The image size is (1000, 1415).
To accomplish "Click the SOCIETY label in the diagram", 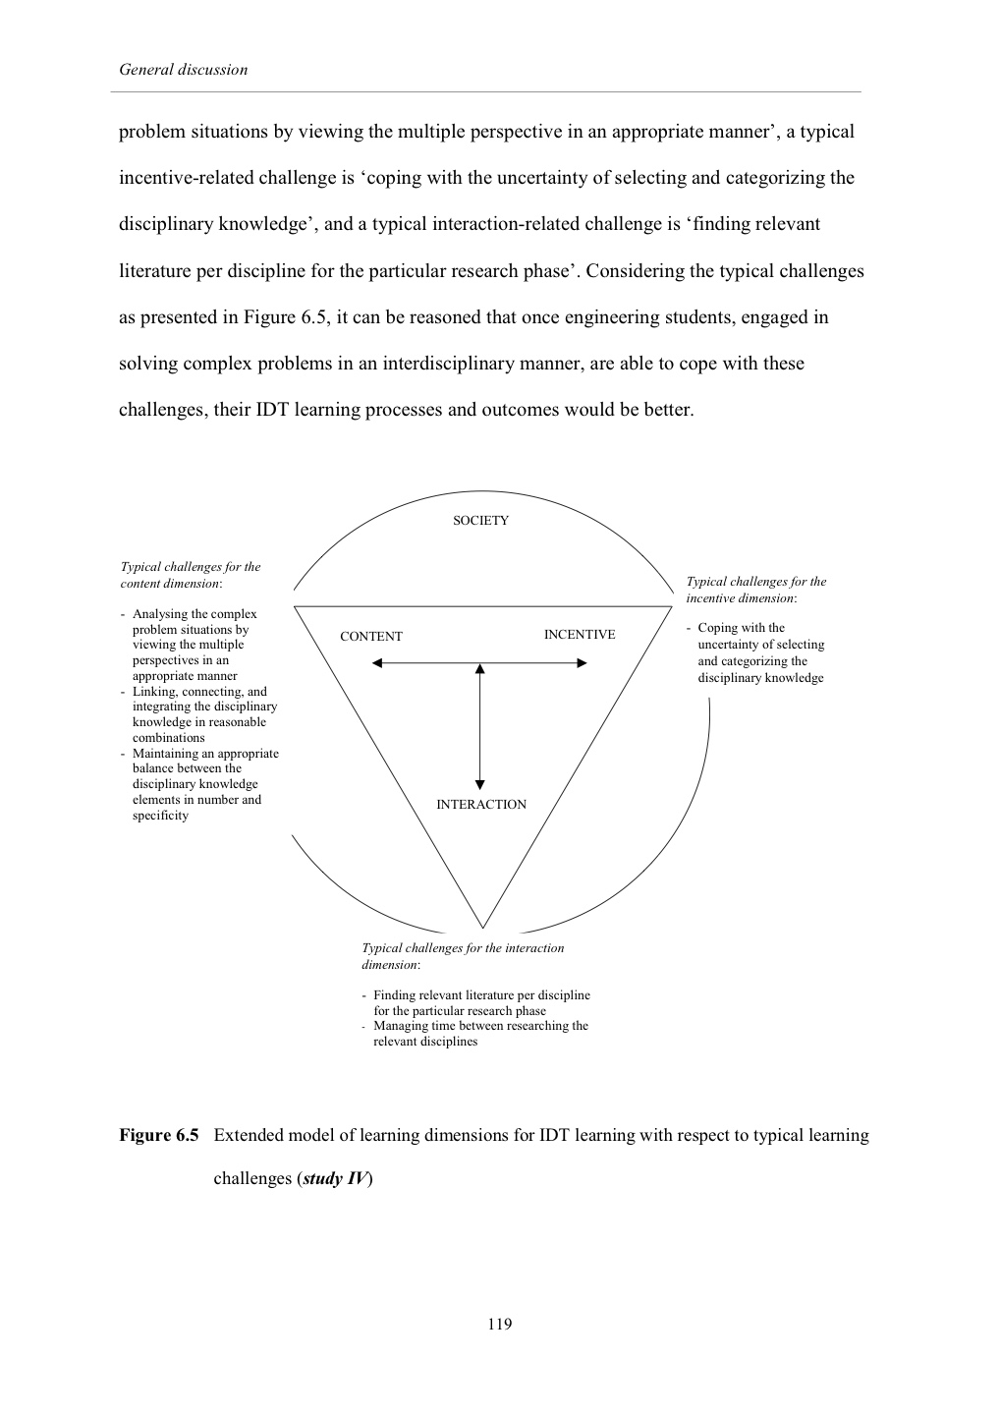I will click(480, 521).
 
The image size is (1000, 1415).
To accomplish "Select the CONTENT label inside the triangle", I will click(371, 637).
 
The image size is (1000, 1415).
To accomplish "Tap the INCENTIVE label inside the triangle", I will click(580, 635).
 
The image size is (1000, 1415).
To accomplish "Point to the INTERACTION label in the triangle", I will click(481, 805).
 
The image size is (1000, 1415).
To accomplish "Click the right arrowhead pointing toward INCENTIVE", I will click(582, 664).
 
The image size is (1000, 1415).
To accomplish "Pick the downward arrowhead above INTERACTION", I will click(480, 784).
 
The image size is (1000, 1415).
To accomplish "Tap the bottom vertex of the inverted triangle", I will click(482, 927).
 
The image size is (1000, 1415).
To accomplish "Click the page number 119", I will click(499, 1324).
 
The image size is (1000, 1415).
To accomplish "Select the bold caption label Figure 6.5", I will click(159, 1136).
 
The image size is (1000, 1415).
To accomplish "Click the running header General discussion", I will click(183, 70).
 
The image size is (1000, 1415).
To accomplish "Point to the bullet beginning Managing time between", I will click(480, 1034).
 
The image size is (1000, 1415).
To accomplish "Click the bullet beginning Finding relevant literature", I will click(481, 1002).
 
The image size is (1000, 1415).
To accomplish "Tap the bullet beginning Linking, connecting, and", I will click(204, 714).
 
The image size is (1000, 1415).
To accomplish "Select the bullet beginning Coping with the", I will click(760, 652).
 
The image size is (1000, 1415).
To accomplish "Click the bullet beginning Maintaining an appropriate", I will click(205, 784).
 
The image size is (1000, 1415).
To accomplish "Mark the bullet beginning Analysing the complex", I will click(194, 645).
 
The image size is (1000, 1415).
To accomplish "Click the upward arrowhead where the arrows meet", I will click(480, 669).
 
